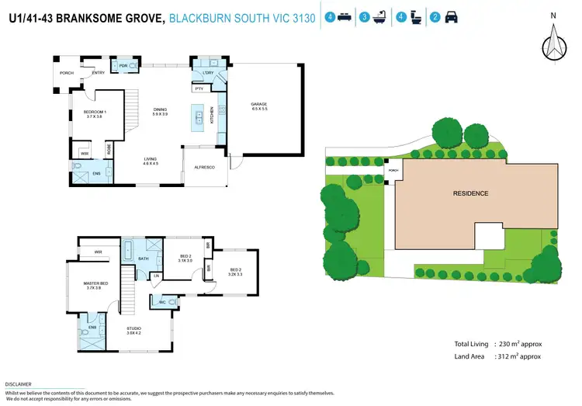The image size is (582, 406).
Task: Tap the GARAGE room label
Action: [258, 104]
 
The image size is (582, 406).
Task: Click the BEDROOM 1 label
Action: [95, 113]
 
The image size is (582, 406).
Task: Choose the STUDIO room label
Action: [134, 329]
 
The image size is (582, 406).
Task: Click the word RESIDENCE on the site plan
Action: [470, 193]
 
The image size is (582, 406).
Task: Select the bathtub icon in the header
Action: [382, 16]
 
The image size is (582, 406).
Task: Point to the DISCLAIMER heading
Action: [18, 384]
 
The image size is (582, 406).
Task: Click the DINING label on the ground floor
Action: [160, 109]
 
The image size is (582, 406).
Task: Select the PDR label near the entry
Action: [123, 66]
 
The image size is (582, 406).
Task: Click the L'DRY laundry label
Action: [208, 73]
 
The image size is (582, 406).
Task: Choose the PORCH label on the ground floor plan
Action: [67, 73]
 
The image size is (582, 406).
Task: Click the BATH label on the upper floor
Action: [144, 259]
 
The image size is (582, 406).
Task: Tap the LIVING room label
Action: [150, 159]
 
